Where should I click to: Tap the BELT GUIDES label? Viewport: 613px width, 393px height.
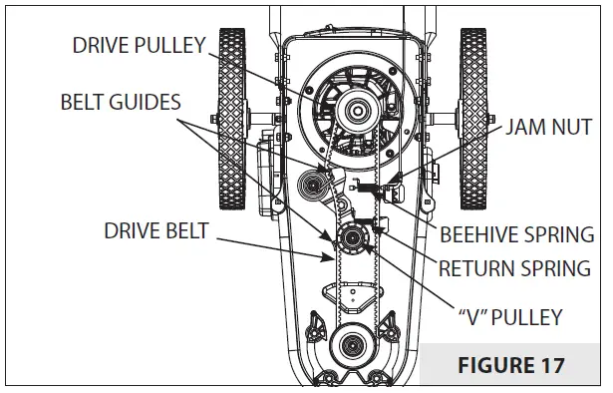[x=123, y=102]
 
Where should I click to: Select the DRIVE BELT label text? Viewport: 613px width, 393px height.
[x=155, y=231]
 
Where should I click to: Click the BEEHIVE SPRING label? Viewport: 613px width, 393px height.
[x=516, y=236]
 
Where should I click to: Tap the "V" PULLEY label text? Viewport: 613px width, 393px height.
[x=511, y=318]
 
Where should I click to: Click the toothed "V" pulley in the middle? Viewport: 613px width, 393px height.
[x=352, y=238]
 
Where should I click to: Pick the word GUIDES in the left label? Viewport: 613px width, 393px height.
[x=152, y=102]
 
